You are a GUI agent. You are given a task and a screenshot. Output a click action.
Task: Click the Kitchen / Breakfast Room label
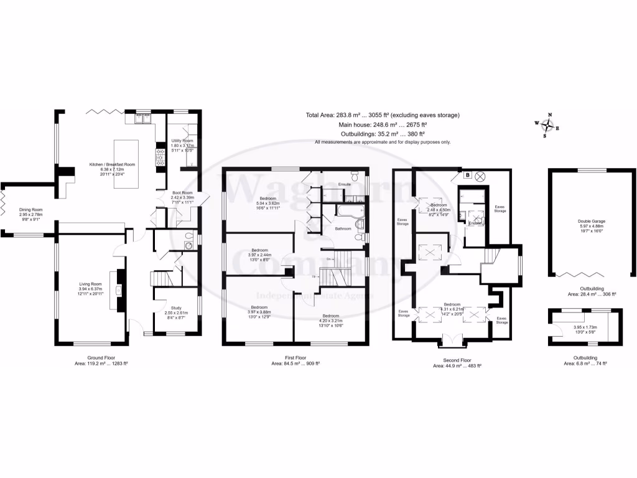pos(112,164)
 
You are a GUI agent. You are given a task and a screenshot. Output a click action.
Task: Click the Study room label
pos(176,307)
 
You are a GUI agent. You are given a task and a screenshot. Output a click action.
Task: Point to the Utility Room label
pos(183,141)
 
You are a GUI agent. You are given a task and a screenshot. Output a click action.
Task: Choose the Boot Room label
pos(183,193)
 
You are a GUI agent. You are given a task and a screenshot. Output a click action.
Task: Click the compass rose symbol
pos(547,125)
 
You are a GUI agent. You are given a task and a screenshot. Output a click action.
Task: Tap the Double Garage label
pos(592,220)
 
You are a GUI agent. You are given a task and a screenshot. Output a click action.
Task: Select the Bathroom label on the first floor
pos(343,228)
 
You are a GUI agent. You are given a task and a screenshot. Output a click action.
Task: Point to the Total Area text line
pos(383,115)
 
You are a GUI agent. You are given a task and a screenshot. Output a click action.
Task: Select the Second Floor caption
pos(457,358)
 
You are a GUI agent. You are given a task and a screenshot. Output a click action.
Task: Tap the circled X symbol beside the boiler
pos(480,176)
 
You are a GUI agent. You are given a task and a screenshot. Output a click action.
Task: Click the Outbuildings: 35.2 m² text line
pos(383,134)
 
